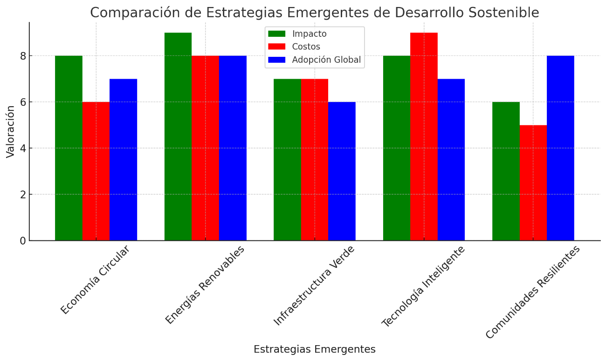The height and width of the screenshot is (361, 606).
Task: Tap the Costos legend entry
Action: (x=306, y=47)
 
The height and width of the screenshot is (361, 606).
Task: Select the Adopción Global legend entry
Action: (x=326, y=60)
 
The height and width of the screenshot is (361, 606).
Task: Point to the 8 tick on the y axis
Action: (x=23, y=56)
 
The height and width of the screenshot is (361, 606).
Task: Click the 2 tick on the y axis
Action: (x=23, y=194)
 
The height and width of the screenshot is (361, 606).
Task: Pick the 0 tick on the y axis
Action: (x=23, y=241)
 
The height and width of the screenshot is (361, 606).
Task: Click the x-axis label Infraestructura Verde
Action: (x=314, y=285)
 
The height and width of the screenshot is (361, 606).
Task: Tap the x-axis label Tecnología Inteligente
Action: (x=423, y=286)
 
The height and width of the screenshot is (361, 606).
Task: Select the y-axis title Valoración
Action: (x=10, y=131)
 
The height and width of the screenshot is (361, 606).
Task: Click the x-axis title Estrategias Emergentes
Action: (x=314, y=349)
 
